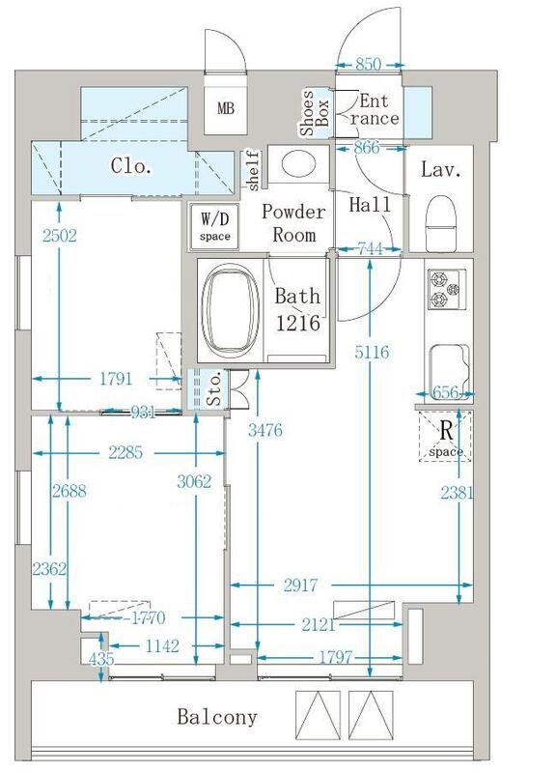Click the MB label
226,108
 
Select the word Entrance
375,110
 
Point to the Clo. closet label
131,165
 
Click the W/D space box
214,225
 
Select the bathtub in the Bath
231,310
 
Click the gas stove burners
446,289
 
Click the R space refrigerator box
445,437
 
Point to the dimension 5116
372,352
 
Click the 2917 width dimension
300,586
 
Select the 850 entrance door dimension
369,65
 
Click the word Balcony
217,716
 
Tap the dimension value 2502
60,236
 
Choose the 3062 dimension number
194,481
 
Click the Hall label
370,205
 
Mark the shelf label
253,171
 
